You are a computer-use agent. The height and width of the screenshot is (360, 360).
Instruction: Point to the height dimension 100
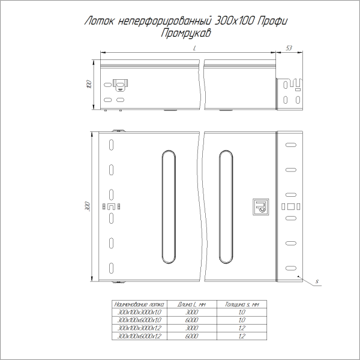[89, 85]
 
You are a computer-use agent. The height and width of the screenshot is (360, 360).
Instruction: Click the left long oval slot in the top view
[168, 207]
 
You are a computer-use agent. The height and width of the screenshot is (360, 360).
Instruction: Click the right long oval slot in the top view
[226, 207]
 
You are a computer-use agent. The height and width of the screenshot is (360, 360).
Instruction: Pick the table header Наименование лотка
[137, 305]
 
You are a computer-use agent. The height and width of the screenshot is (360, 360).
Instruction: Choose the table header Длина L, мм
[191, 305]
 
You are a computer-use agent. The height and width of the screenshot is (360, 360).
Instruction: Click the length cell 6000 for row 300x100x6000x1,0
[191, 320]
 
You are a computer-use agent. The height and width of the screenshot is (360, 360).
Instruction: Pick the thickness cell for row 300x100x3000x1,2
[241, 329]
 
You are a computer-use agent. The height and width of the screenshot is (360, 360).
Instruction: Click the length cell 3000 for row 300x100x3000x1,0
[191, 313]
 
